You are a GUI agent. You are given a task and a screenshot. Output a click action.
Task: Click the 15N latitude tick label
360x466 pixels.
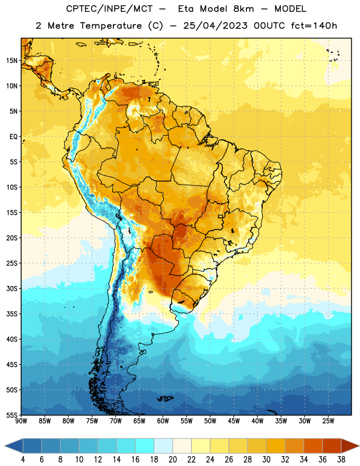pos(12,61)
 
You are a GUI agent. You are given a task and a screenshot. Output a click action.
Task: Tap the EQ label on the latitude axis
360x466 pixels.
pos(13,137)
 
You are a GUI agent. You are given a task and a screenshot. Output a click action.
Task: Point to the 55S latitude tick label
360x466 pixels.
pos(12,415)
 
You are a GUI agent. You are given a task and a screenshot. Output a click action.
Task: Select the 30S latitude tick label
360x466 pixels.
pos(12,288)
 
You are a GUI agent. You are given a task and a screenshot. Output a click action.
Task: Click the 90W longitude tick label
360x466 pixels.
pos(21,421)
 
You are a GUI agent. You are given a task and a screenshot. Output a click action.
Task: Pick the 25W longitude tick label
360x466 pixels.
pos(328,421)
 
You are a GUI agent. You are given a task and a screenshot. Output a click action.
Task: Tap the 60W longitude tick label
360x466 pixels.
pos(163,421)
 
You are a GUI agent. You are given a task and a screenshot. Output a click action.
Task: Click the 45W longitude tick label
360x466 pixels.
pos(234,421)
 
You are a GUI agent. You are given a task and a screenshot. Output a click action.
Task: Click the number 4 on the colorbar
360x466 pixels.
pos(23,460)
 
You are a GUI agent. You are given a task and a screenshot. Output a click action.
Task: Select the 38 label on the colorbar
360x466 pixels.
pos(341,460)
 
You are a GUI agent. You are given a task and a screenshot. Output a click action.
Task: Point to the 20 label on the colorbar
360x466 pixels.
pos(172,460)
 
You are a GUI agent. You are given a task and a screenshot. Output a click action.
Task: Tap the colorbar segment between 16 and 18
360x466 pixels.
pos(144,446)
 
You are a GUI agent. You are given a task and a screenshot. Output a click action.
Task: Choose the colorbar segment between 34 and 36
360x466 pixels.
pos(313,446)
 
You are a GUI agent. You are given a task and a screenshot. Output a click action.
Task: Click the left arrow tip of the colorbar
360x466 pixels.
pos(5,446)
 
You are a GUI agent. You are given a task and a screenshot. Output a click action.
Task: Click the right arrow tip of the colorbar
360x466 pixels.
pos(359,446)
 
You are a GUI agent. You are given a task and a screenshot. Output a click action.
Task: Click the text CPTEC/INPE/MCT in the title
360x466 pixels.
pos(109,9)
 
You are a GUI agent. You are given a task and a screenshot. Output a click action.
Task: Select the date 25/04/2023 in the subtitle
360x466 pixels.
pos(215,26)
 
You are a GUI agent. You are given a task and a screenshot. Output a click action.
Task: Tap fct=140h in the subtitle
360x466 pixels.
pos(314,26)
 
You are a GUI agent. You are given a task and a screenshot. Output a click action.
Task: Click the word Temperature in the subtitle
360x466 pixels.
pos(111,26)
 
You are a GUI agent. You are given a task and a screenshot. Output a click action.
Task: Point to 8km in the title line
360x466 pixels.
pos(243,9)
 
